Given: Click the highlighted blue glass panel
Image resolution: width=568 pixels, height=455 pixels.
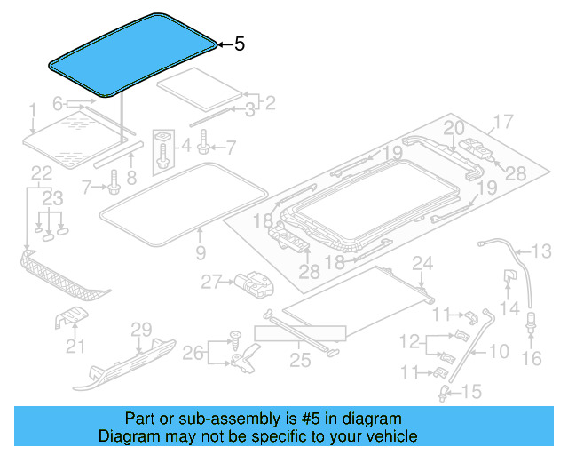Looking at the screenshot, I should [133, 53].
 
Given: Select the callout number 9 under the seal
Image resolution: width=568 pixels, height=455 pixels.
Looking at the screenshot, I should [200, 253].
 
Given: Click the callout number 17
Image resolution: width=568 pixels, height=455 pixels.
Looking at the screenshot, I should [503, 123].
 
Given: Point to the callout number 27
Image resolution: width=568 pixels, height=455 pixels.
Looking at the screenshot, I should [210, 282].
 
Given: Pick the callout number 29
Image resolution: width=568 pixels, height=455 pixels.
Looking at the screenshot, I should [142, 330].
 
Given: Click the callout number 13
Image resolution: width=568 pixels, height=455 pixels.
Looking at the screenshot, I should [541, 250].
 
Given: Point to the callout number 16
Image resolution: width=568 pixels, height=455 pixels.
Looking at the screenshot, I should [532, 358].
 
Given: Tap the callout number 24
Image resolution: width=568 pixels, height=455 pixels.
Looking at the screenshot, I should [422, 262].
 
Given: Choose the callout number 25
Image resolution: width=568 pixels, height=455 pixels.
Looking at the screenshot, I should [299, 359].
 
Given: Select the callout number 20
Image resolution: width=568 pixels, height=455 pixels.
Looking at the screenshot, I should [454, 128].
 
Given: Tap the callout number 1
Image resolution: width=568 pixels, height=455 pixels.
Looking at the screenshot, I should [32, 110].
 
